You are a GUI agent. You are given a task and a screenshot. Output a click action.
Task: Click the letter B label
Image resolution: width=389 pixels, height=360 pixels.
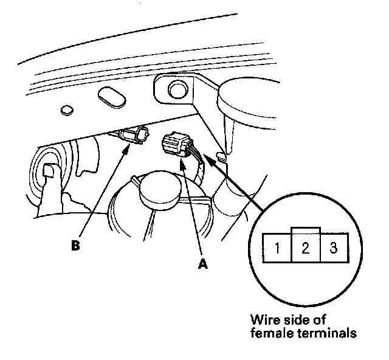[x=75, y=246]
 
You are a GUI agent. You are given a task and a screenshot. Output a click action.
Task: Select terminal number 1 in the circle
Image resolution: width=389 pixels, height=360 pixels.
[x=277, y=248]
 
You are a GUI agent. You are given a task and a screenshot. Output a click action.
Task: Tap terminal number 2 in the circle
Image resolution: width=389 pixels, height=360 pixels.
[x=305, y=248]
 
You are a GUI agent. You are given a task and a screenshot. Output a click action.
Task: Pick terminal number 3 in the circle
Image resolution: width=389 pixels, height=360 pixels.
[x=332, y=248]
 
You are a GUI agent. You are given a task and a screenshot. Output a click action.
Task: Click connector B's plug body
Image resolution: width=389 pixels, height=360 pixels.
[x=134, y=137]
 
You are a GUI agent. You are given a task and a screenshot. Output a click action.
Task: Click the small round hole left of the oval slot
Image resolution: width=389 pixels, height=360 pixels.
[x=66, y=111]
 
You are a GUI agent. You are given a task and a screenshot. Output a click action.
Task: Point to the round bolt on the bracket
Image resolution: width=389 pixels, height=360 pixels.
[x=177, y=91]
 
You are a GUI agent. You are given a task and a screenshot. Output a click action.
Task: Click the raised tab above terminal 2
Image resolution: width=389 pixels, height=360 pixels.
[x=305, y=231]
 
